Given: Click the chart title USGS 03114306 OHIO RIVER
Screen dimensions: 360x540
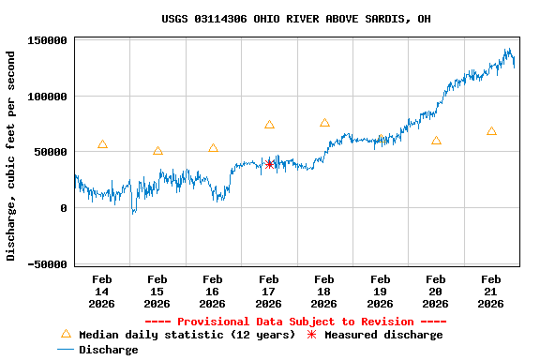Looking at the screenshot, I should tap(296, 19).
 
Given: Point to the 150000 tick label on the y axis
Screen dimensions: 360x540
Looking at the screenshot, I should tap(47, 40).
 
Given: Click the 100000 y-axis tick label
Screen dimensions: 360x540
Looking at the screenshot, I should tap(47, 97).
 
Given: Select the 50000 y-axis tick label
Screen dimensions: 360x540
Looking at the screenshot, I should tap(50, 152).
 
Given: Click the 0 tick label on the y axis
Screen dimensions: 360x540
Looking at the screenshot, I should tap(64, 208).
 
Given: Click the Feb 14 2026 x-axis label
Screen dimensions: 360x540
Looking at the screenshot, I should tap(102, 292).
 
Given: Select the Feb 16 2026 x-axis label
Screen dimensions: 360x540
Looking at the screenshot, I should tap(213, 292).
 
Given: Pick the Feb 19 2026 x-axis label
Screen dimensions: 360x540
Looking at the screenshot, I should tap(380, 292).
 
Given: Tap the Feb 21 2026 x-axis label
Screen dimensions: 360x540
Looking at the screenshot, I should tap(490, 292).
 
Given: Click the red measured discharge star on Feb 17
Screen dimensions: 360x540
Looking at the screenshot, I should tap(270, 164).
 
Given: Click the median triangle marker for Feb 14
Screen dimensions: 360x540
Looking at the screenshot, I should tap(102, 144).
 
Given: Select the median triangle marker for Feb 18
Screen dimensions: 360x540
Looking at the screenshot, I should tap(324, 123).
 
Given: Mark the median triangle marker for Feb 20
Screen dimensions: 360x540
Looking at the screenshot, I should tap(436, 141).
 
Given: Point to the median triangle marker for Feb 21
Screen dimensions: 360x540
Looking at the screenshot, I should tap(491, 131).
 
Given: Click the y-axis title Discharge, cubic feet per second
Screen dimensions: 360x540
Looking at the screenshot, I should tap(11, 156).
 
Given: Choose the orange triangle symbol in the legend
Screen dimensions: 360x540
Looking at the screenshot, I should tap(66, 334).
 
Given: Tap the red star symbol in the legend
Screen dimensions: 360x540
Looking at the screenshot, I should tap(312, 335).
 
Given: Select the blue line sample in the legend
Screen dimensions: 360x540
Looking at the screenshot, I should tap(66, 350).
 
